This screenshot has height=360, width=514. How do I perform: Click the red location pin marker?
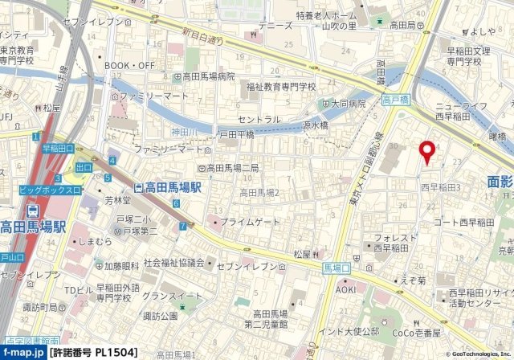click(427, 151)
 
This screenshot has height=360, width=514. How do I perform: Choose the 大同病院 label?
click(348, 104)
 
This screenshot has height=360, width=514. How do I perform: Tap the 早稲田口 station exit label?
click(58, 149)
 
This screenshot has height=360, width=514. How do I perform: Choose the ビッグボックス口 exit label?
click(50, 190)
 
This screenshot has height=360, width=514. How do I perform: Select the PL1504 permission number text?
click(103, 352)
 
